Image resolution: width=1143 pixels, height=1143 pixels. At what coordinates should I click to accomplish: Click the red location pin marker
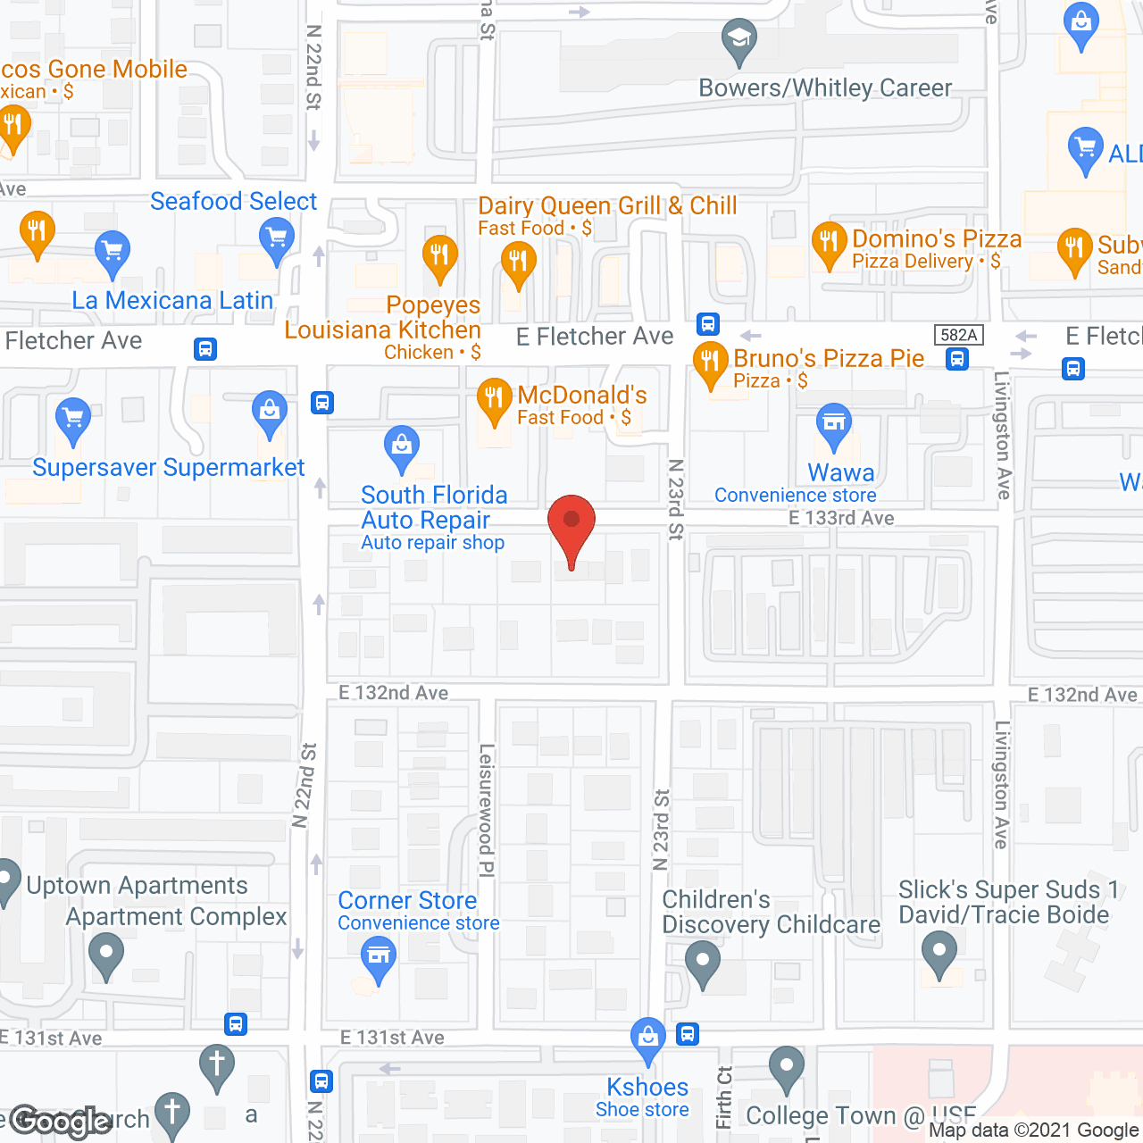[x=571, y=528]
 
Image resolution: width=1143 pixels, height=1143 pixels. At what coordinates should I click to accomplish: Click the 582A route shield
[x=958, y=335]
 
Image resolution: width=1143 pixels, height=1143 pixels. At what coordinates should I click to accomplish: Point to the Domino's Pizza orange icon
[x=829, y=243]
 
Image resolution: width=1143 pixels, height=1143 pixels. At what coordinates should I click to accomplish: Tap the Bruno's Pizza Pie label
[x=829, y=358]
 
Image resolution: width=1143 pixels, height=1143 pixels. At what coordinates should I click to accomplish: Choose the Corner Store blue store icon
[x=379, y=958]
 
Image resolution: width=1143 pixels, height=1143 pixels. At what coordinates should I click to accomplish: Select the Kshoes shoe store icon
[x=647, y=1039]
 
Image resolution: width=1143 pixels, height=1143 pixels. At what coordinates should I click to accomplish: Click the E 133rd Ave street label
[x=841, y=518]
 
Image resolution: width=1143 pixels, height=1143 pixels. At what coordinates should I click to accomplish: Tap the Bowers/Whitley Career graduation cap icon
[x=738, y=39]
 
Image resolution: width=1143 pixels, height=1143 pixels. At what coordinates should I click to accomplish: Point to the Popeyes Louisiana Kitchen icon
[x=439, y=256]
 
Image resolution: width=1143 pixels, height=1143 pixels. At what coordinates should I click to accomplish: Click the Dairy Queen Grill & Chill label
[x=607, y=205]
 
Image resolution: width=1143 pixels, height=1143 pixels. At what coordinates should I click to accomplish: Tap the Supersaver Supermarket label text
[x=168, y=467]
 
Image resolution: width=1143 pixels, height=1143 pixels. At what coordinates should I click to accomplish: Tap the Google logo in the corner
[x=61, y=1122]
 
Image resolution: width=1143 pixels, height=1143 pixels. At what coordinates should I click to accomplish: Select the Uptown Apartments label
[x=137, y=885]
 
